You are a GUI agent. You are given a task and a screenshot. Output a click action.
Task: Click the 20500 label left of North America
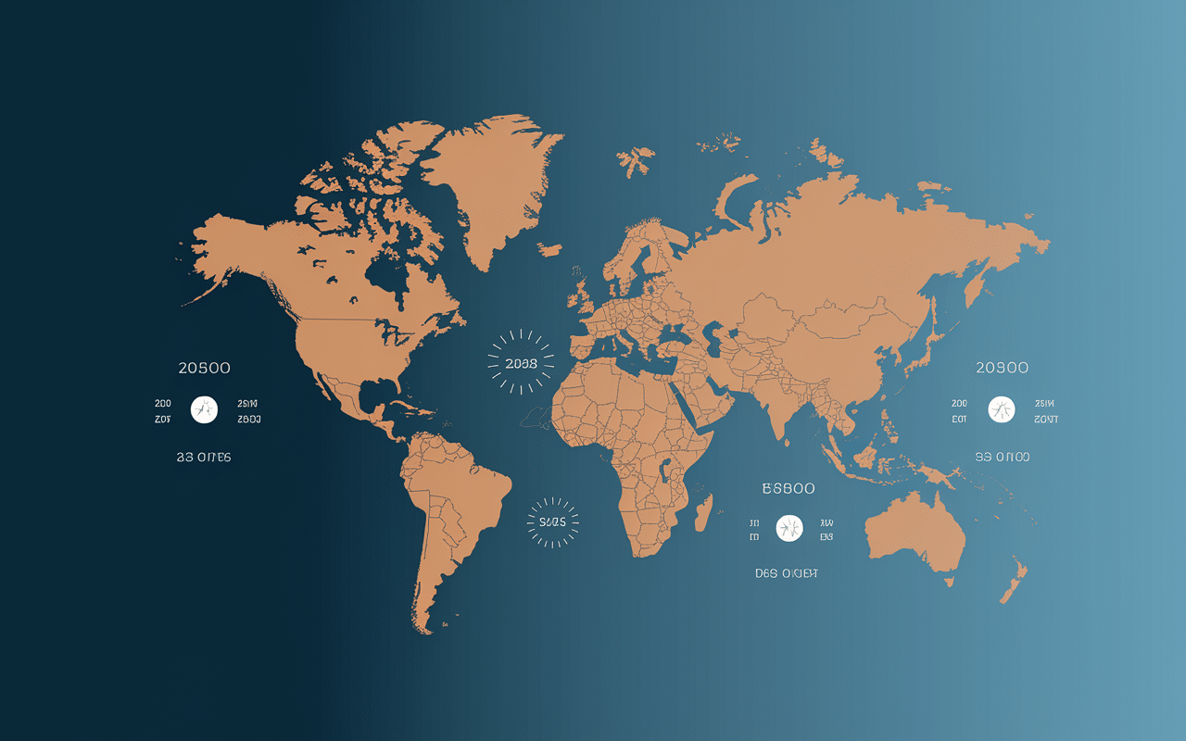click(x=204, y=368)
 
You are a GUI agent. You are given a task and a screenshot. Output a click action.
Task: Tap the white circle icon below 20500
click(x=204, y=409)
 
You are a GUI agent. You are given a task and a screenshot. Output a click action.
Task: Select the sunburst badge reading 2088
click(x=522, y=362)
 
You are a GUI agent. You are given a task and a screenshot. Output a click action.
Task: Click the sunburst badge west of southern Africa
click(x=552, y=521)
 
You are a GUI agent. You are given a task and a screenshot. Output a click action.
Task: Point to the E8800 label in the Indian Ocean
click(x=788, y=488)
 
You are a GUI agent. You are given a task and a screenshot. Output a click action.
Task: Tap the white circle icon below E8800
click(x=789, y=528)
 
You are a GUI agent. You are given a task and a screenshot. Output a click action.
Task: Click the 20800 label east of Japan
click(x=1002, y=368)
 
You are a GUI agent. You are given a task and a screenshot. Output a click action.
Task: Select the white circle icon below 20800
click(x=1002, y=409)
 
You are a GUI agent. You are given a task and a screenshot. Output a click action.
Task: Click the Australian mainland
click(x=913, y=533)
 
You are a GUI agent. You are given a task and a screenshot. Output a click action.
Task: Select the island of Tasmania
click(x=949, y=582)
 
